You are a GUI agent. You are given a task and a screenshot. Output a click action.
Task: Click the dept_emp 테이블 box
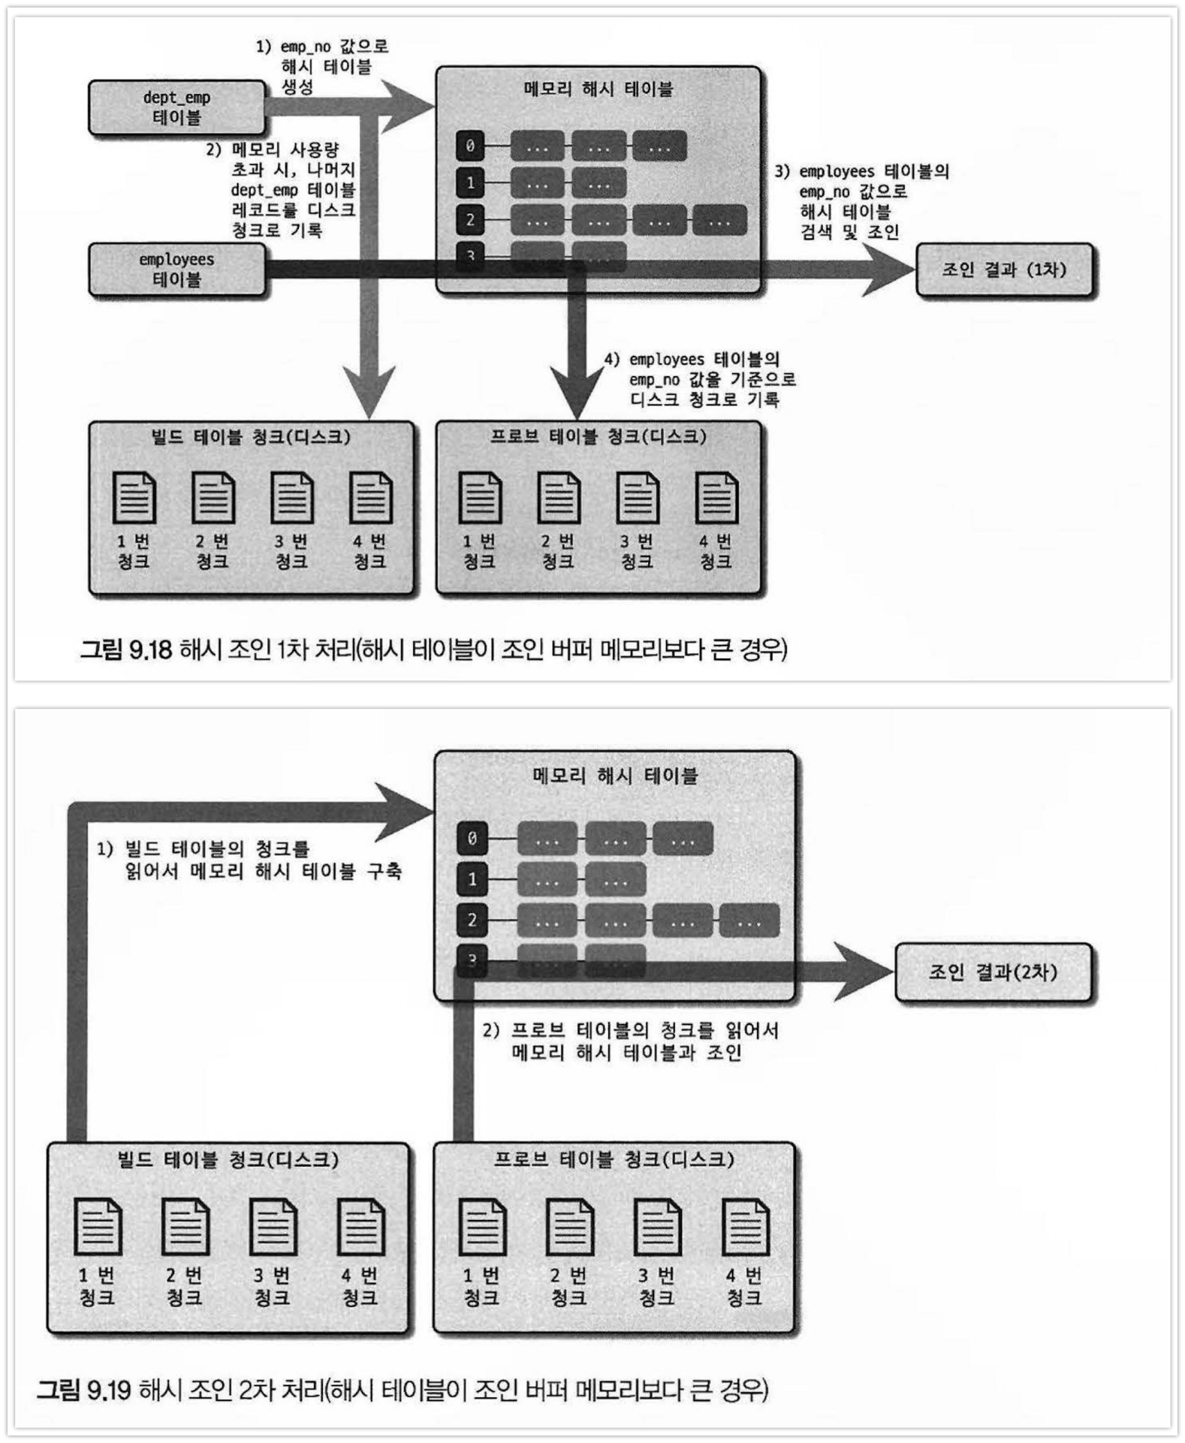pyautogui.click(x=176, y=107)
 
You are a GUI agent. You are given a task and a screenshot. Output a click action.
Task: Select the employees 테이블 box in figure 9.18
pyautogui.click(x=176, y=270)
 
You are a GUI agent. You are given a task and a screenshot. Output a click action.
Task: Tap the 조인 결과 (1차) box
pyautogui.click(x=1004, y=270)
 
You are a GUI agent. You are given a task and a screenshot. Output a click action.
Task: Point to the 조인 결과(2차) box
pyautogui.click(x=992, y=972)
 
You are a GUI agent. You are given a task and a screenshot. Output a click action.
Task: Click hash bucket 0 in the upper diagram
pyautogui.click(x=470, y=146)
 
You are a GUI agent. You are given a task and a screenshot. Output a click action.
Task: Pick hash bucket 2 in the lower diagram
pyautogui.click(x=472, y=920)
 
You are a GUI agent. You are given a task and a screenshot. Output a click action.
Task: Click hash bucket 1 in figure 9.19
pyautogui.click(x=472, y=879)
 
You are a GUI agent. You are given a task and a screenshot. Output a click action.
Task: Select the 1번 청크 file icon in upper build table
pyautogui.click(x=134, y=497)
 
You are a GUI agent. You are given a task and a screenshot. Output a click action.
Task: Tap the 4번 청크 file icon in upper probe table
pyautogui.click(x=716, y=497)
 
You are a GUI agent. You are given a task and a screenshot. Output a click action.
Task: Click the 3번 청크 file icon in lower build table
pyautogui.click(x=273, y=1227)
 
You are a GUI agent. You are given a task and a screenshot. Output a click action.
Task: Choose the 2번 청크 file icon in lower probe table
pyautogui.click(x=569, y=1227)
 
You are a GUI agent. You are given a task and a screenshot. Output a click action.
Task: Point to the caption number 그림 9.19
pyautogui.click(x=84, y=1390)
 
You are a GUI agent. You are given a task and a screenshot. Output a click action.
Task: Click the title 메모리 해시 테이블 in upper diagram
pyautogui.click(x=599, y=89)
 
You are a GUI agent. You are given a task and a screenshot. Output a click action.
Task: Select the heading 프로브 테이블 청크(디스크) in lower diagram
pyautogui.click(x=614, y=1160)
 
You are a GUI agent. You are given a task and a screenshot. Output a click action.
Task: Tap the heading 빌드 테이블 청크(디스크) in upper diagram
pyautogui.click(x=251, y=437)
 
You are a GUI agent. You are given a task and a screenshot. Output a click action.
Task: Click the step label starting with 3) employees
pyautogui.click(x=861, y=201)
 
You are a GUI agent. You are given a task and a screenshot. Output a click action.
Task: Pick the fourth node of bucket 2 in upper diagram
pyautogui.click(x=719, y=221)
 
